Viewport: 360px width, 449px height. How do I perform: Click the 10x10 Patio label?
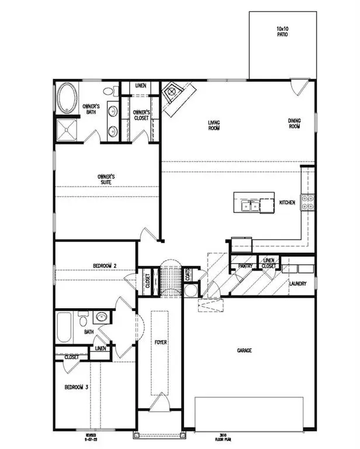(x=282, y=30)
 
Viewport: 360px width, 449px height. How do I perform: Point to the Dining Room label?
(x=295, y=124)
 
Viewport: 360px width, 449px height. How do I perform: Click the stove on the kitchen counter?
(x=307, y=202)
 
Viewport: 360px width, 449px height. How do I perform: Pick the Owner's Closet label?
(x=141, y=115)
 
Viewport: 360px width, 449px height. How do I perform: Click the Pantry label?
(x=245, y=266)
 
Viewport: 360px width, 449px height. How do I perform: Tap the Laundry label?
(x=298, y=284)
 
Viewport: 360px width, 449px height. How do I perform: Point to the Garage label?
(x=244, y=351)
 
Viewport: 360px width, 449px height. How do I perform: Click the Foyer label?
(x=161, y=342)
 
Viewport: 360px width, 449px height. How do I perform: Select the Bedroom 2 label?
(x=105, y=266)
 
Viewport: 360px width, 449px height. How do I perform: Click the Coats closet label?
(x=189, y=274)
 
